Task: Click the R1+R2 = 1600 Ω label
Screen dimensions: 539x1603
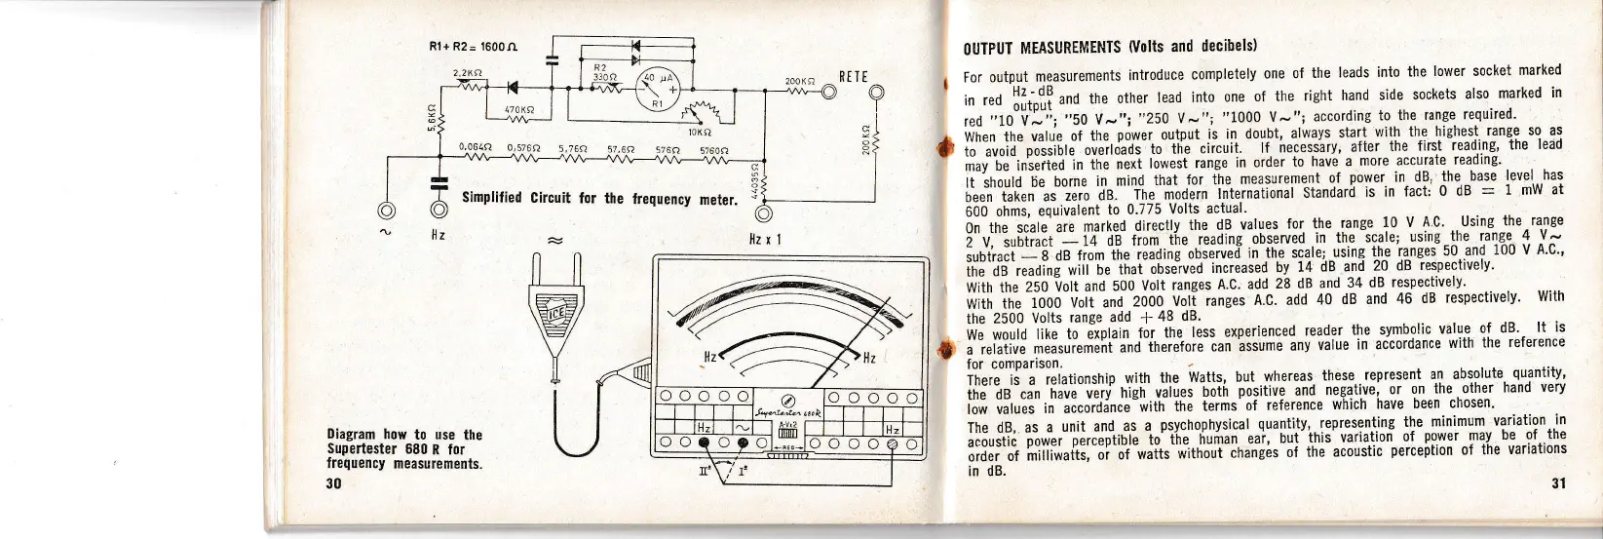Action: coord(472,46)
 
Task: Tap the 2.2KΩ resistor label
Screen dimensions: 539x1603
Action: coord(469,72)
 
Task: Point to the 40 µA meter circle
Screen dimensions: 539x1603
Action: coord(657,93)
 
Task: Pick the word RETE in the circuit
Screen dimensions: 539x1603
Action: coord(853,77)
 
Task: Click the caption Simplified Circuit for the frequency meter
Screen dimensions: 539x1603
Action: coord(599,198)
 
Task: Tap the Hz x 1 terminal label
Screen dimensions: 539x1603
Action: coord(765,239)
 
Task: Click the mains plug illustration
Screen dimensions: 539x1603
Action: coord(554,312)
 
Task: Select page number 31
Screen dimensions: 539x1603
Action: coord(1558,482)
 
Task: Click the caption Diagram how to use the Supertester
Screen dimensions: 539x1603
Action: coord(404,448)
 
